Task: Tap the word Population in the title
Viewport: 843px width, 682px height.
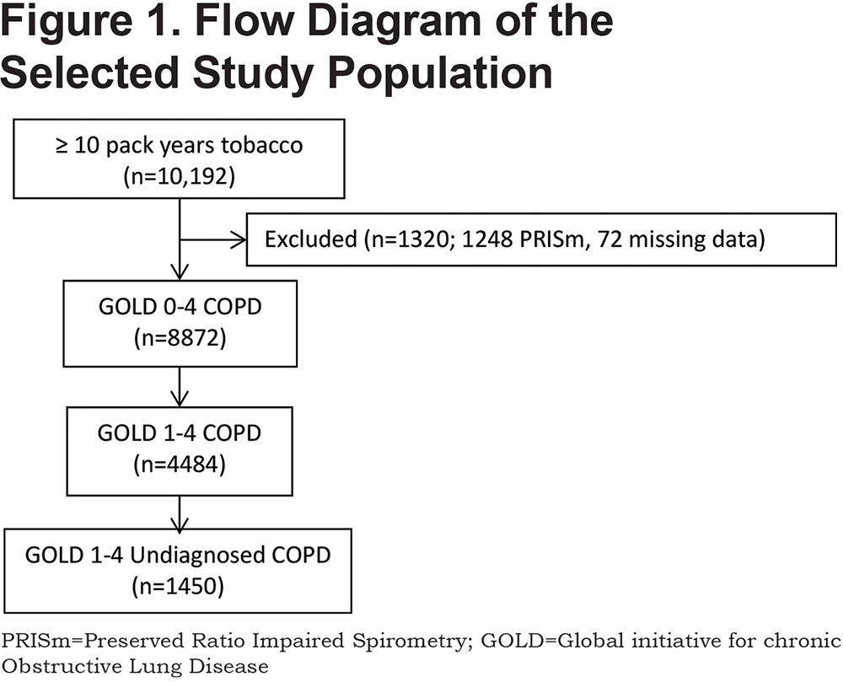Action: [x=440, y=73]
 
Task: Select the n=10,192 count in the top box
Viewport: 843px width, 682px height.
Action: [x=180, y=177]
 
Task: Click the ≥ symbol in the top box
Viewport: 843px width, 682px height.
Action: [x=62, y=146]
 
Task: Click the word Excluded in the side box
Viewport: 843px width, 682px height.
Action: [x=311, y=239]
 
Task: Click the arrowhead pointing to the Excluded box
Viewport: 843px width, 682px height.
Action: [x=239, y=239]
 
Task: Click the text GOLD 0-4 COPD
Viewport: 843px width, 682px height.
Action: [x=180, y=306]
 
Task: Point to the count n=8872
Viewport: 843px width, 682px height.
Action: [x=180, y=338]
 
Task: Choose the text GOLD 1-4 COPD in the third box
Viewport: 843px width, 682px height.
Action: [x=180, y=432]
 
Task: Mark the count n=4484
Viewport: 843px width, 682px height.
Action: [x=180, y=465]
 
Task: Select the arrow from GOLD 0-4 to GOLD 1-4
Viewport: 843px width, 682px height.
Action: [x=180, y=387]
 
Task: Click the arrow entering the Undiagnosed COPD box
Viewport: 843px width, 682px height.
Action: [x=180, y=513]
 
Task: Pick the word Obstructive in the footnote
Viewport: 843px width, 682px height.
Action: [x=61, y=667]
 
